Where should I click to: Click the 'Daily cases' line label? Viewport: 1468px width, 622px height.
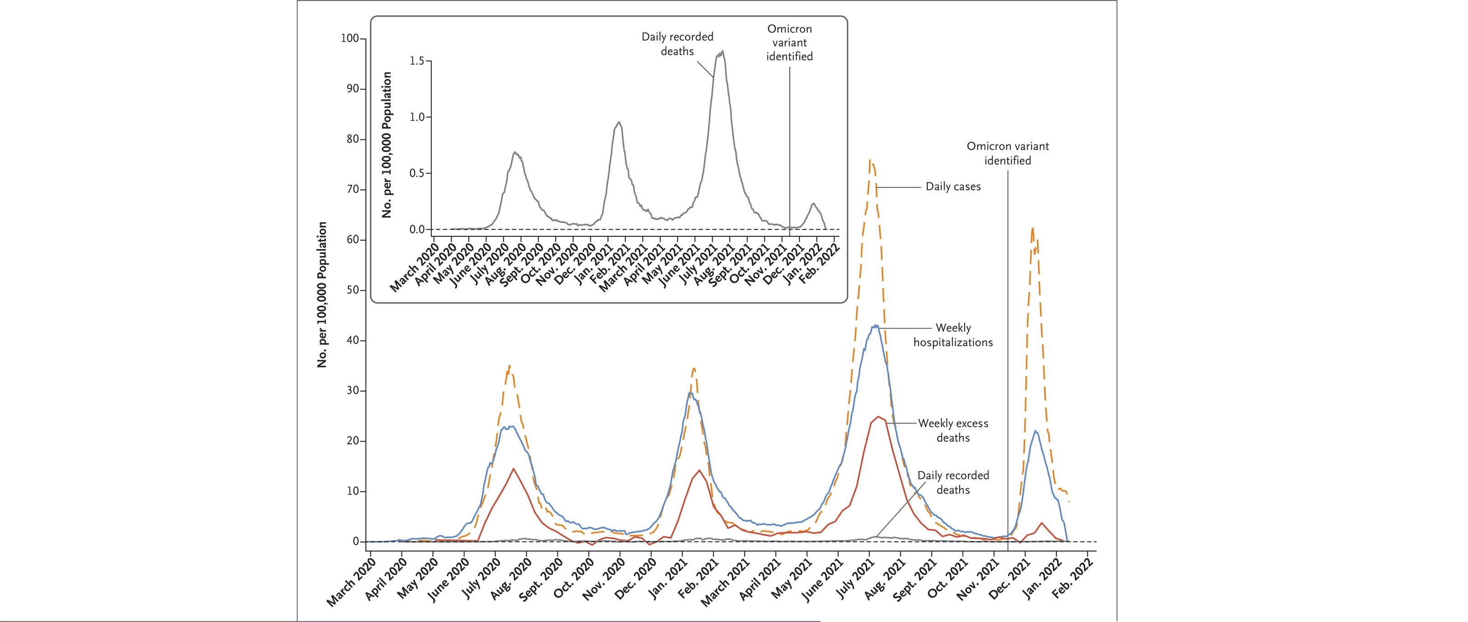953,187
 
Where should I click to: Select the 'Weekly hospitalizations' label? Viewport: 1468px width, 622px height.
953,335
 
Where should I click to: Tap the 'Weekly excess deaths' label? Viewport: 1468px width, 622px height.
953,430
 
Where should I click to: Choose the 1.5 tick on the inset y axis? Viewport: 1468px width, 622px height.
417,61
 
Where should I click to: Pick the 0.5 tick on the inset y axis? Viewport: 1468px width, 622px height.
417,173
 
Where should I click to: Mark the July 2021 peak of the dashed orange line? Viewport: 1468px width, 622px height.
870,161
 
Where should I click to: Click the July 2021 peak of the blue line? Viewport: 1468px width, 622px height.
875,326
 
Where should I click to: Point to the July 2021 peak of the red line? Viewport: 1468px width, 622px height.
878,417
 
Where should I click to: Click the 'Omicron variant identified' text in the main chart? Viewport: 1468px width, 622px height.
1008,153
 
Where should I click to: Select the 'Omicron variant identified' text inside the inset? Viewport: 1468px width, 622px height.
789,43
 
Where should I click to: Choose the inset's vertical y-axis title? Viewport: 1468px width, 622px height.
388,145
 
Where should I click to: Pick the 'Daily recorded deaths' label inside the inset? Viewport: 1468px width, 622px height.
677,44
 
